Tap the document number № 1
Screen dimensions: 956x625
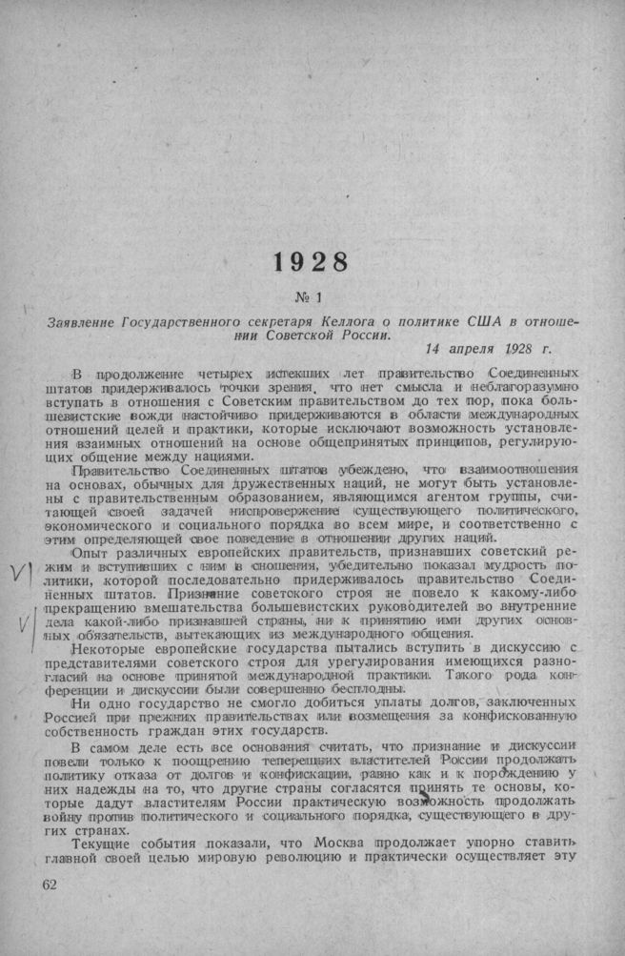coord(312,296)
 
